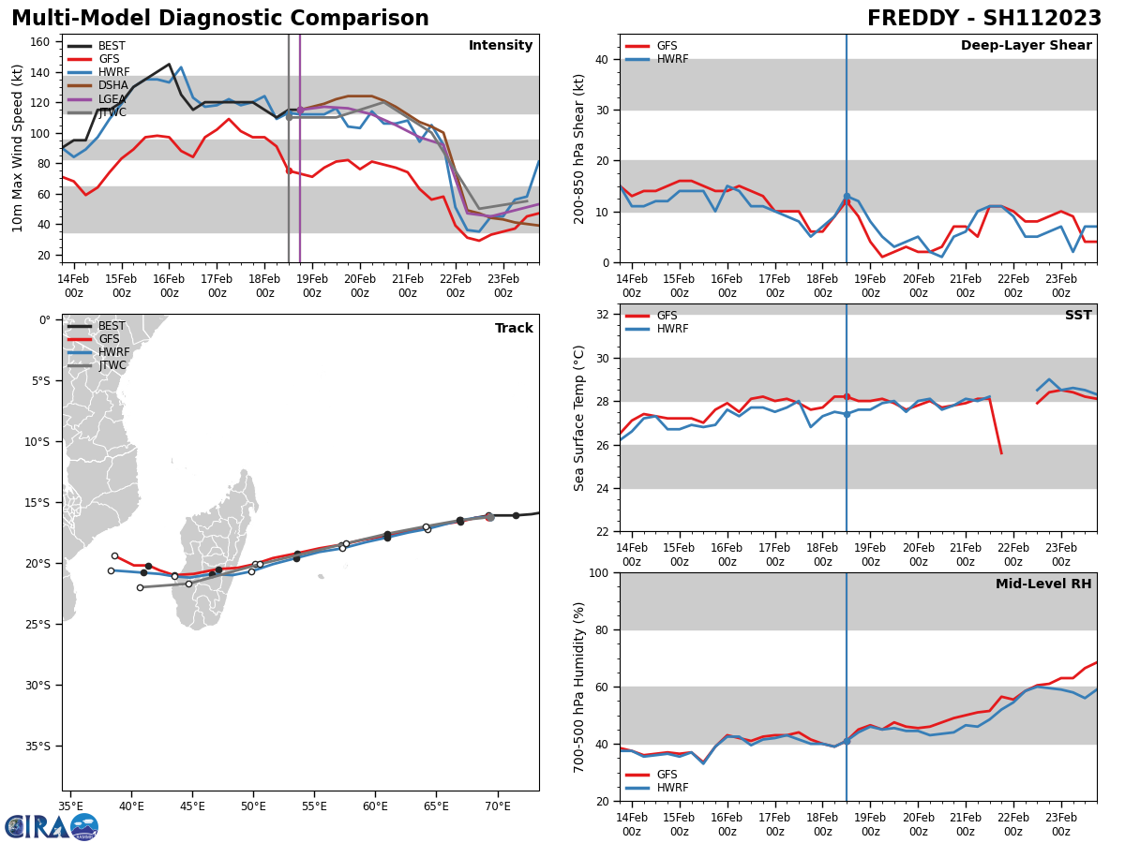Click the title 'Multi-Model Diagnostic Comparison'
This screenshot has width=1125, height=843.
pyautogui.click(x=220, y=19)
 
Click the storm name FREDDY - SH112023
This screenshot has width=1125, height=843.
pyautogui.click(x=983, y=19)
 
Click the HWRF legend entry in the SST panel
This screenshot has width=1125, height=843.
pyautogui.click(x=671, y=329)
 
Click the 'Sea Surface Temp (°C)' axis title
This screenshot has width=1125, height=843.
pyautogui.click(x=579, y=418)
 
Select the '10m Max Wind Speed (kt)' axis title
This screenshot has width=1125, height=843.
pyautogui.click(x=18, y=148)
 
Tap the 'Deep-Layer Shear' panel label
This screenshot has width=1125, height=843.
pyautogui.click(x=1026, y=46)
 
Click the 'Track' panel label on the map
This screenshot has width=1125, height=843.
pyautogui.click(x=514, y=329)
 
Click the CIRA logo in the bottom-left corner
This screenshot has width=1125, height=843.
pyautogui.click(x=51, y=826)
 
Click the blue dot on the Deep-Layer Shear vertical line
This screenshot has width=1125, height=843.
pyautogui.click(x=847, y=197)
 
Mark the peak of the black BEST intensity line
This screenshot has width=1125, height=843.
pyautogui.click(x=169, y=65)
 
